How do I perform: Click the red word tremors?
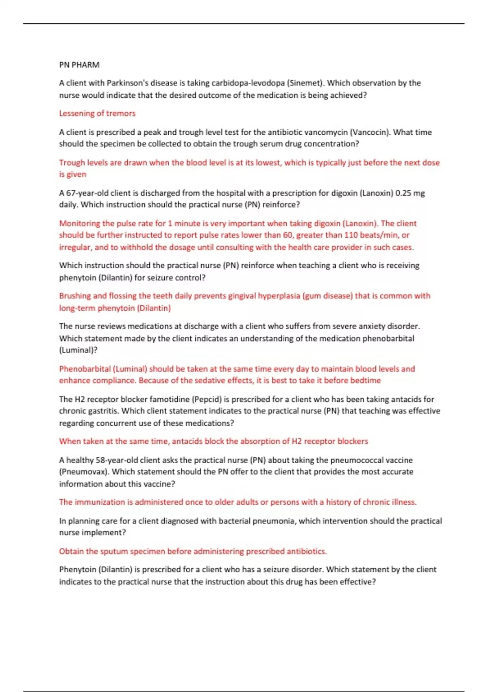pos(121,113)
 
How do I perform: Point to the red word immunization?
pos(100,502)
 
